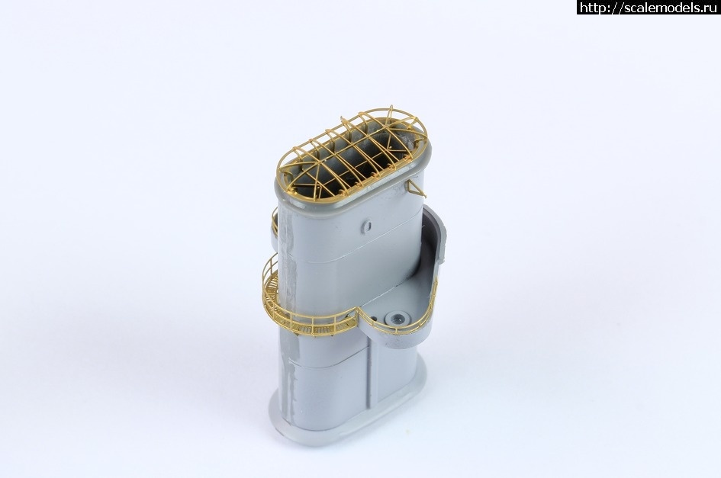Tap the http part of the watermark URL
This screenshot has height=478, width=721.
[590, 8]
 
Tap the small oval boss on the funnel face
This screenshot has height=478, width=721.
[366, 226]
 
